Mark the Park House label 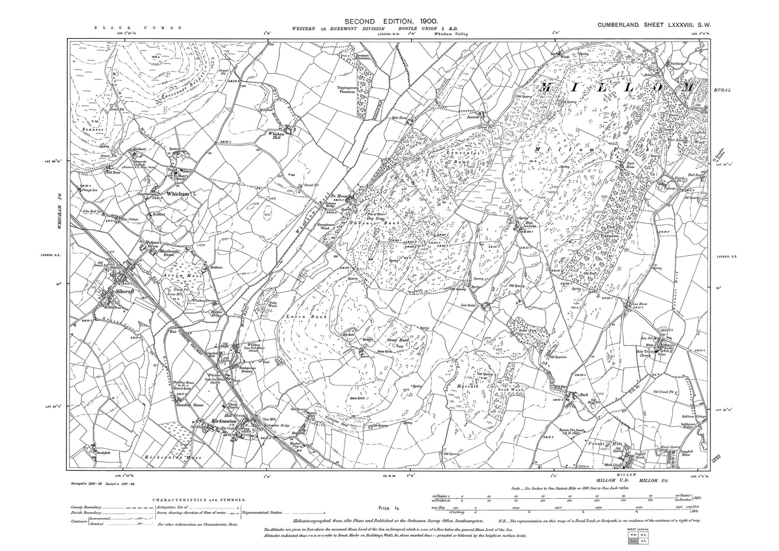[x=632, y=167]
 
